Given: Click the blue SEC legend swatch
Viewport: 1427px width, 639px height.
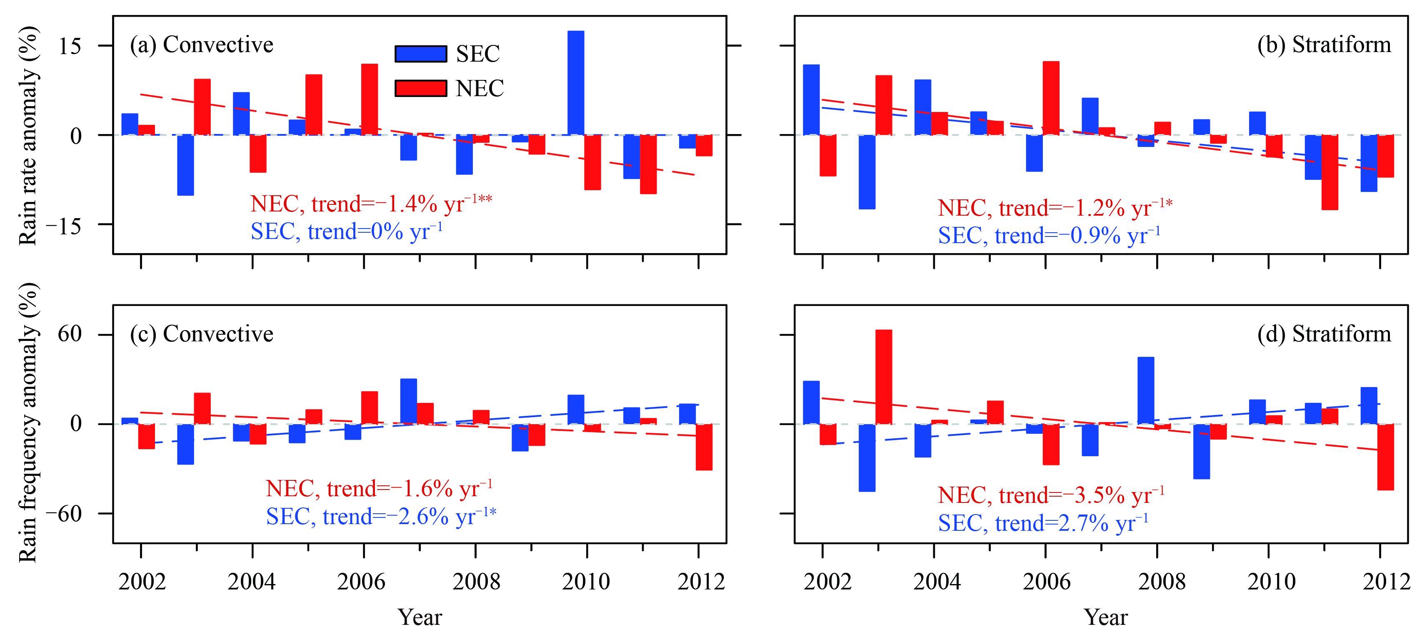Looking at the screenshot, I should click(x=420, y=54).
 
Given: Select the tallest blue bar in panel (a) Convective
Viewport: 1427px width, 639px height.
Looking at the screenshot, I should click(x=575, y=83).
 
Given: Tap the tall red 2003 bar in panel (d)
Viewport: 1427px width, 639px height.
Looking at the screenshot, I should click(x=884, y=377).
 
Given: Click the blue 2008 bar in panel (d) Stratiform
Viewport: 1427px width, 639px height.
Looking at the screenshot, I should click(x=1146, y=390).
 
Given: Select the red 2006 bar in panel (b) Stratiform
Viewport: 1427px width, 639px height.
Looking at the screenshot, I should click(x=1051, y=98).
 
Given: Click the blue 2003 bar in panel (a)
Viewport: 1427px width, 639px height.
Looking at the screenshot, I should click(x=185, y=165).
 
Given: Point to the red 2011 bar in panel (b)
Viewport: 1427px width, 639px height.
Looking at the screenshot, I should click(x=1330, y=172).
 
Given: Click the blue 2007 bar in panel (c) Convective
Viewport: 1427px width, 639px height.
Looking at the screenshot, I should click(x=408, y=401).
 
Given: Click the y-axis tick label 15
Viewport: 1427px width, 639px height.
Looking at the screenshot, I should click(x=70, y=46).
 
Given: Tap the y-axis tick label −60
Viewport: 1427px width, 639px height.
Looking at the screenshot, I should click(x=63, y=514).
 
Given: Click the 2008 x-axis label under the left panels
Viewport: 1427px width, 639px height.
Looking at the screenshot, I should click(x=476, y=582).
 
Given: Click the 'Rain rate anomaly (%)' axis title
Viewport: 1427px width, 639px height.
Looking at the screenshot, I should click(x=28, y=135).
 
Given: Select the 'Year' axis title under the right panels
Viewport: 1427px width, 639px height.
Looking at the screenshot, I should click(x=1106, y=617).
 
